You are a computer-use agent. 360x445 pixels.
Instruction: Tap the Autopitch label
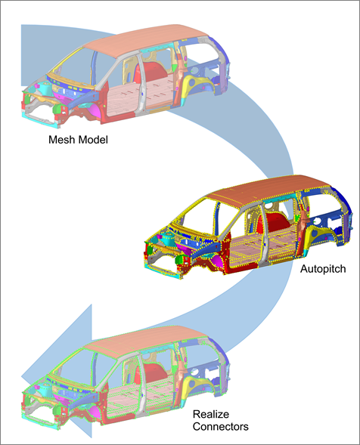323,269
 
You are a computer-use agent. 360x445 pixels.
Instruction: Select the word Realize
211,414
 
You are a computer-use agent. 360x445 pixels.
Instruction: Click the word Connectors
221,427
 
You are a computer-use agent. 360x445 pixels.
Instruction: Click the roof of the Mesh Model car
146,40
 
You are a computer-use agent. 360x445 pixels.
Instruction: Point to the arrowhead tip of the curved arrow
22,378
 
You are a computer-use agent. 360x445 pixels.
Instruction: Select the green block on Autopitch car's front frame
179,259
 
